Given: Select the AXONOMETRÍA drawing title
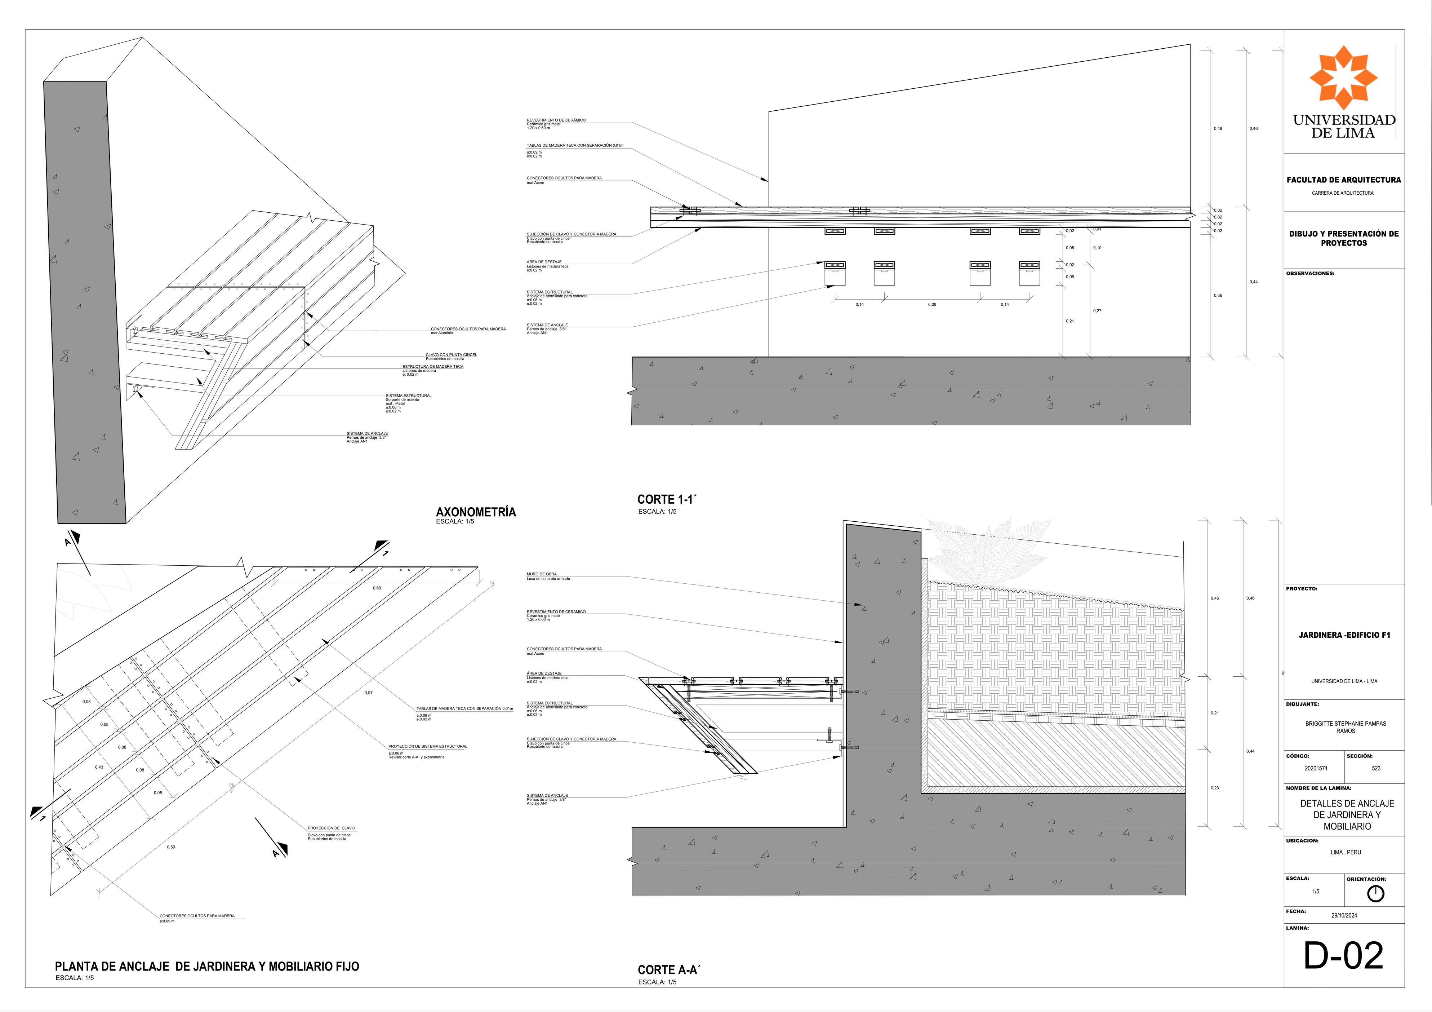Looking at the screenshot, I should coord(476,512).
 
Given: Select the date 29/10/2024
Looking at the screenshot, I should coord(1344,916).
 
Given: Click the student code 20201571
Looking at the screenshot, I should coord(1316,769).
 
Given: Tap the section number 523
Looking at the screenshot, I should coord(1376,769).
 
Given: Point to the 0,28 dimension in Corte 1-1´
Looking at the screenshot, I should coord(932,305).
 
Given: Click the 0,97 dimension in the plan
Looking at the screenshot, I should coord(369,693).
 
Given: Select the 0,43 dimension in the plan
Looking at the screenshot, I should coord(99,767).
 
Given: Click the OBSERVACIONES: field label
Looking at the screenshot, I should coord(1310,273).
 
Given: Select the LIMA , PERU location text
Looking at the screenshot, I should coord(1345,852).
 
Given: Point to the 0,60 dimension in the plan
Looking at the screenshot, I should coord(377,588).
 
